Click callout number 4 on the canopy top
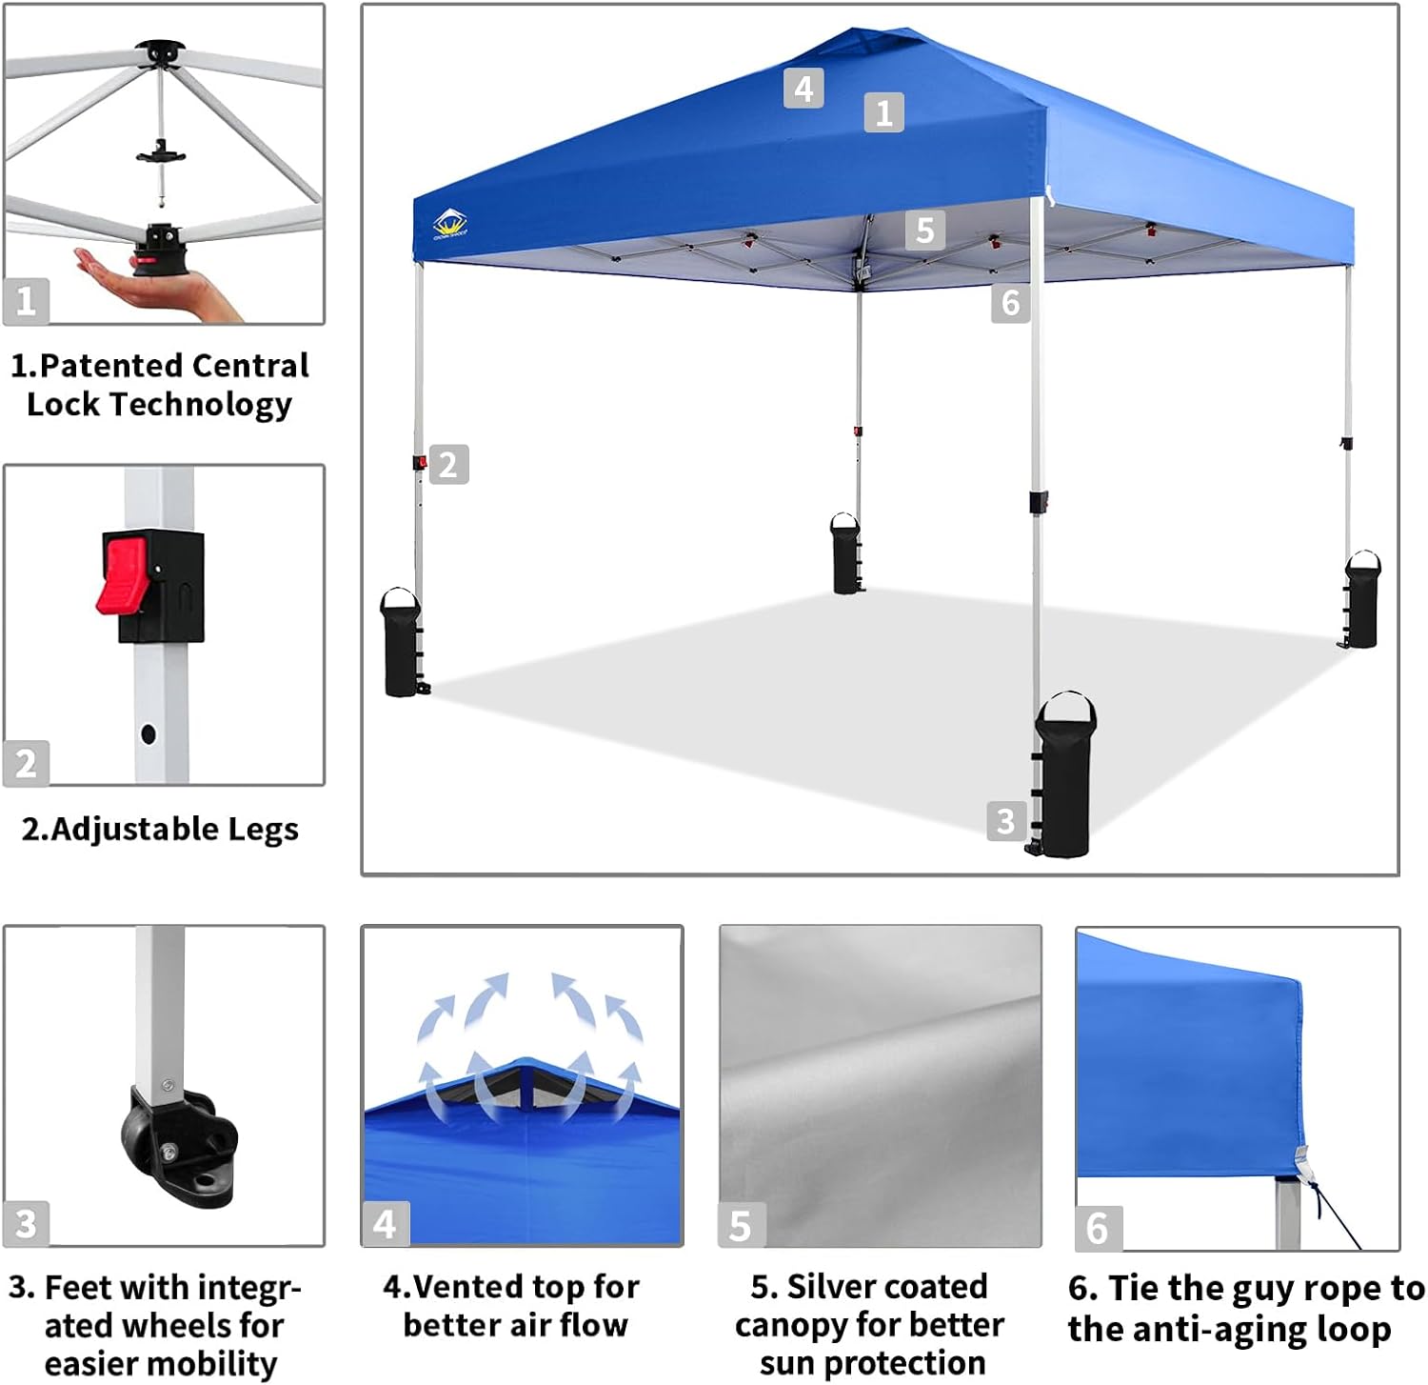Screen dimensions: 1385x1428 click(x=803, y=89)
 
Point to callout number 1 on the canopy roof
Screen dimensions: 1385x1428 click(x=883, y=112)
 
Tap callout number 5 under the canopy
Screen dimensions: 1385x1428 click(x=924, y=231)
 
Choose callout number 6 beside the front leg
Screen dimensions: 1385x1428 click(x=1010, y=304)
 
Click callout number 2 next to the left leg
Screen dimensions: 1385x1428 click(x=448, y=465)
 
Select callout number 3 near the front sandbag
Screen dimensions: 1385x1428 click(x=1005, y=821)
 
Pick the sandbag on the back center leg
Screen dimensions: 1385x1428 click(x=845, y=554)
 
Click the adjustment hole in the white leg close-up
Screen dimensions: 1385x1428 click(x=148, y=733)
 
